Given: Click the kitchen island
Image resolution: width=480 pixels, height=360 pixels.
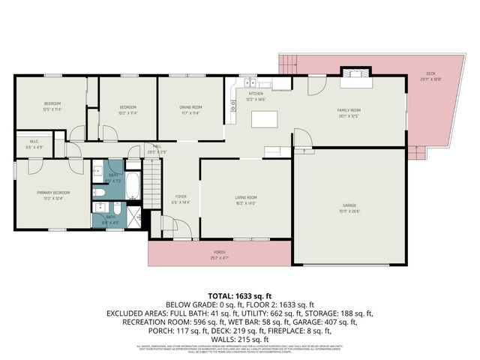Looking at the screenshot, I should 264,119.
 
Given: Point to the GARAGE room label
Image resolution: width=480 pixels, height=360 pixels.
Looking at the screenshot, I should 349,205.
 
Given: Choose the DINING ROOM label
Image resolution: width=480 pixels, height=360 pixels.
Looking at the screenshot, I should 190,107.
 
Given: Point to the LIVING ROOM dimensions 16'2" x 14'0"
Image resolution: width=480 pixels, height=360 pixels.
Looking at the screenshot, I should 246,203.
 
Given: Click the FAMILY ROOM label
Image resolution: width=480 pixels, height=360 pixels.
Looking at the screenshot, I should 349,109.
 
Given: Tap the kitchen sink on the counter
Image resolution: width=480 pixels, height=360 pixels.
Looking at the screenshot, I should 248,83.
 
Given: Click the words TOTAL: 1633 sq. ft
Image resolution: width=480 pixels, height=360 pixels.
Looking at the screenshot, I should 239,294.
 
